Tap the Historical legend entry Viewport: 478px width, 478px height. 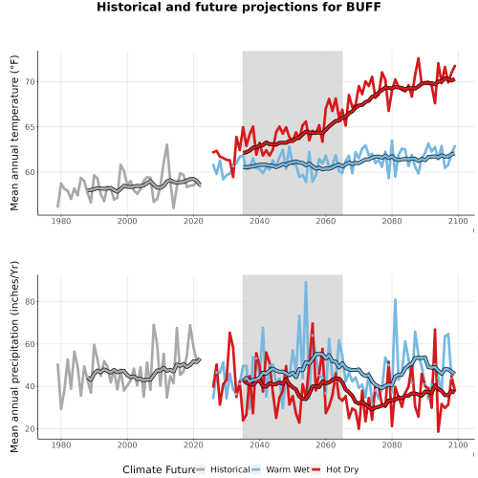pos(223,469)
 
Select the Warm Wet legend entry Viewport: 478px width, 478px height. pos(280,469)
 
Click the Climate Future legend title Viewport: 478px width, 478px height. pos(159,469)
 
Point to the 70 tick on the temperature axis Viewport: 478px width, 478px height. pos(31,82)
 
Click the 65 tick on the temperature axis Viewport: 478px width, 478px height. pos(31,127)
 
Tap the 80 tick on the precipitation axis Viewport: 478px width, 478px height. pos(31,301)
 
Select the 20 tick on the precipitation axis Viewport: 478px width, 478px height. pos(31,429)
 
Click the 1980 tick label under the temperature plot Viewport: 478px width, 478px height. pos(61,221)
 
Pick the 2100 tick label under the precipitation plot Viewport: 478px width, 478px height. pos(458,445)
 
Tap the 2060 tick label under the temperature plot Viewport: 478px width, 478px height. pos(326,221)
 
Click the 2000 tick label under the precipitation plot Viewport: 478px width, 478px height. pos(127,445)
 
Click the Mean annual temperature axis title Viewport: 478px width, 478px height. pos(14,133)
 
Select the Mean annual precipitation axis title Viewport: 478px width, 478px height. pos(14,357)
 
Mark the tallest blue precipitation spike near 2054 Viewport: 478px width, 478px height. pos(306,282)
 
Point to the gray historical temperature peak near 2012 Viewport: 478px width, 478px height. pos(166,145)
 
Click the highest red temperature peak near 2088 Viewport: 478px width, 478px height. pos(419,58)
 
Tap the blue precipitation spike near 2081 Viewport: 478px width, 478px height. pos(396,300)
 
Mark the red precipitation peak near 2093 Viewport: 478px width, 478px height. pos(435,330)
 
